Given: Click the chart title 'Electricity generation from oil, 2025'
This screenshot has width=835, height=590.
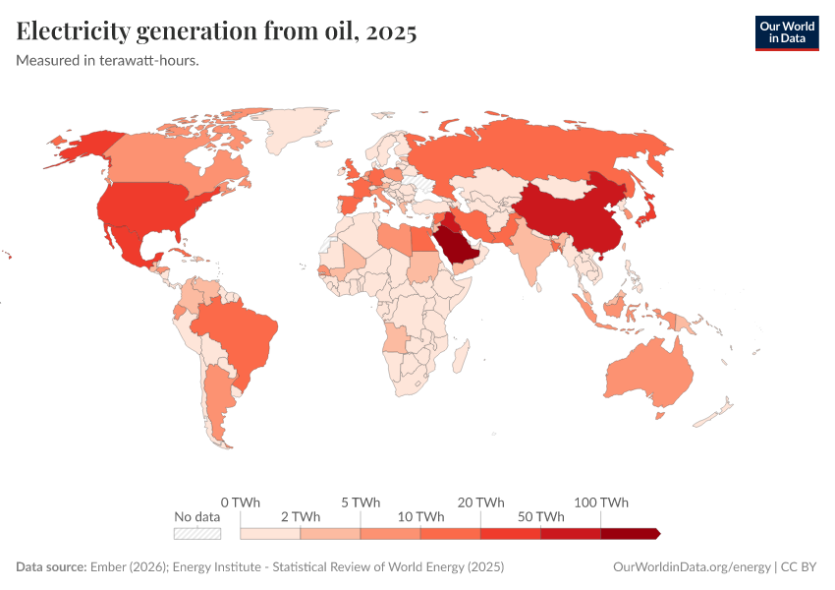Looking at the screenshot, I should pyautogui.click(x=217, y=31).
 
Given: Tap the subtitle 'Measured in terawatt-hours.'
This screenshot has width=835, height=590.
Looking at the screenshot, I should pyautogui.click(x=108, y=60).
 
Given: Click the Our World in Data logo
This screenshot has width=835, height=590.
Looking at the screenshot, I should pyautogui.click(x=786, y=32).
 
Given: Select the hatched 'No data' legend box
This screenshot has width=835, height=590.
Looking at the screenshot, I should pyautogui.click(x=197, y=534).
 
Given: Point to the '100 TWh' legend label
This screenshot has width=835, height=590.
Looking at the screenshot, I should pyautogui.click(x=600, y=502).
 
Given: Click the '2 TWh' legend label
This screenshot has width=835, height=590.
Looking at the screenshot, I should pyautogui.click(x=300, y=516).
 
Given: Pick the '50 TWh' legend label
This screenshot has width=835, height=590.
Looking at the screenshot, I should pyautogui.click(x=540, y=516).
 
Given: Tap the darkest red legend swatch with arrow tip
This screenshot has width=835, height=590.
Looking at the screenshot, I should pyautogui.click(x=629, y=534).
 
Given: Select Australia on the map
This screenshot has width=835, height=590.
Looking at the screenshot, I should pyautogui.click(x=649, y=375).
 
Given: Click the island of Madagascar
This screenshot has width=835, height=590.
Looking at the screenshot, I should pyautogui.click(x=459, y=354).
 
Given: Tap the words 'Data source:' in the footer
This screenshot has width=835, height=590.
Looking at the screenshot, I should pyautogui.click(x=50, y=567).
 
